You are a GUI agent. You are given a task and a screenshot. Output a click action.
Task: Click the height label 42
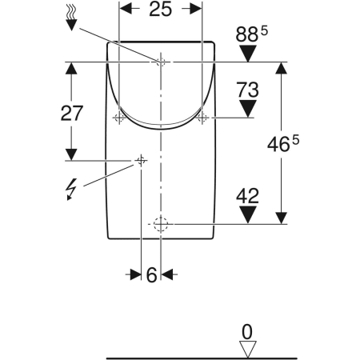point(248,194)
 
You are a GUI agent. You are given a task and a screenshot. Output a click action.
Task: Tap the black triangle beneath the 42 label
point(248,214)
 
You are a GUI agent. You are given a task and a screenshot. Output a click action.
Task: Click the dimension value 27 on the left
point(72,113)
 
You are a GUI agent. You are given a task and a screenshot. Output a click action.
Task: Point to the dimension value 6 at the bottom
point(150,274)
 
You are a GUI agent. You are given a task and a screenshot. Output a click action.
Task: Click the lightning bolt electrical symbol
point(71,189)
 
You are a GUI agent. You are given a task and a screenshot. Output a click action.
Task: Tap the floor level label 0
point(248,330)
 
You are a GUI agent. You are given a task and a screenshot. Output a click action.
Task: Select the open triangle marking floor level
point(248,346)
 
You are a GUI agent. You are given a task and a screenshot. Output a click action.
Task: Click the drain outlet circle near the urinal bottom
point(161,224)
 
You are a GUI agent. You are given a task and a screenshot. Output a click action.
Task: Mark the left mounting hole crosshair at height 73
point(119,118)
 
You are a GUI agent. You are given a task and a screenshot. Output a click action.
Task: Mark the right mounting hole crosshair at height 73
point(202,118)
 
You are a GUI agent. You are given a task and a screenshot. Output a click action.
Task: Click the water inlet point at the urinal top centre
point(161,62)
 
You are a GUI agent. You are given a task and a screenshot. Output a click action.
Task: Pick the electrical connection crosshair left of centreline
point(141,161)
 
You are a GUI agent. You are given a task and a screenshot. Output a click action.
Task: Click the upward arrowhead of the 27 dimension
point(72,70)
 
